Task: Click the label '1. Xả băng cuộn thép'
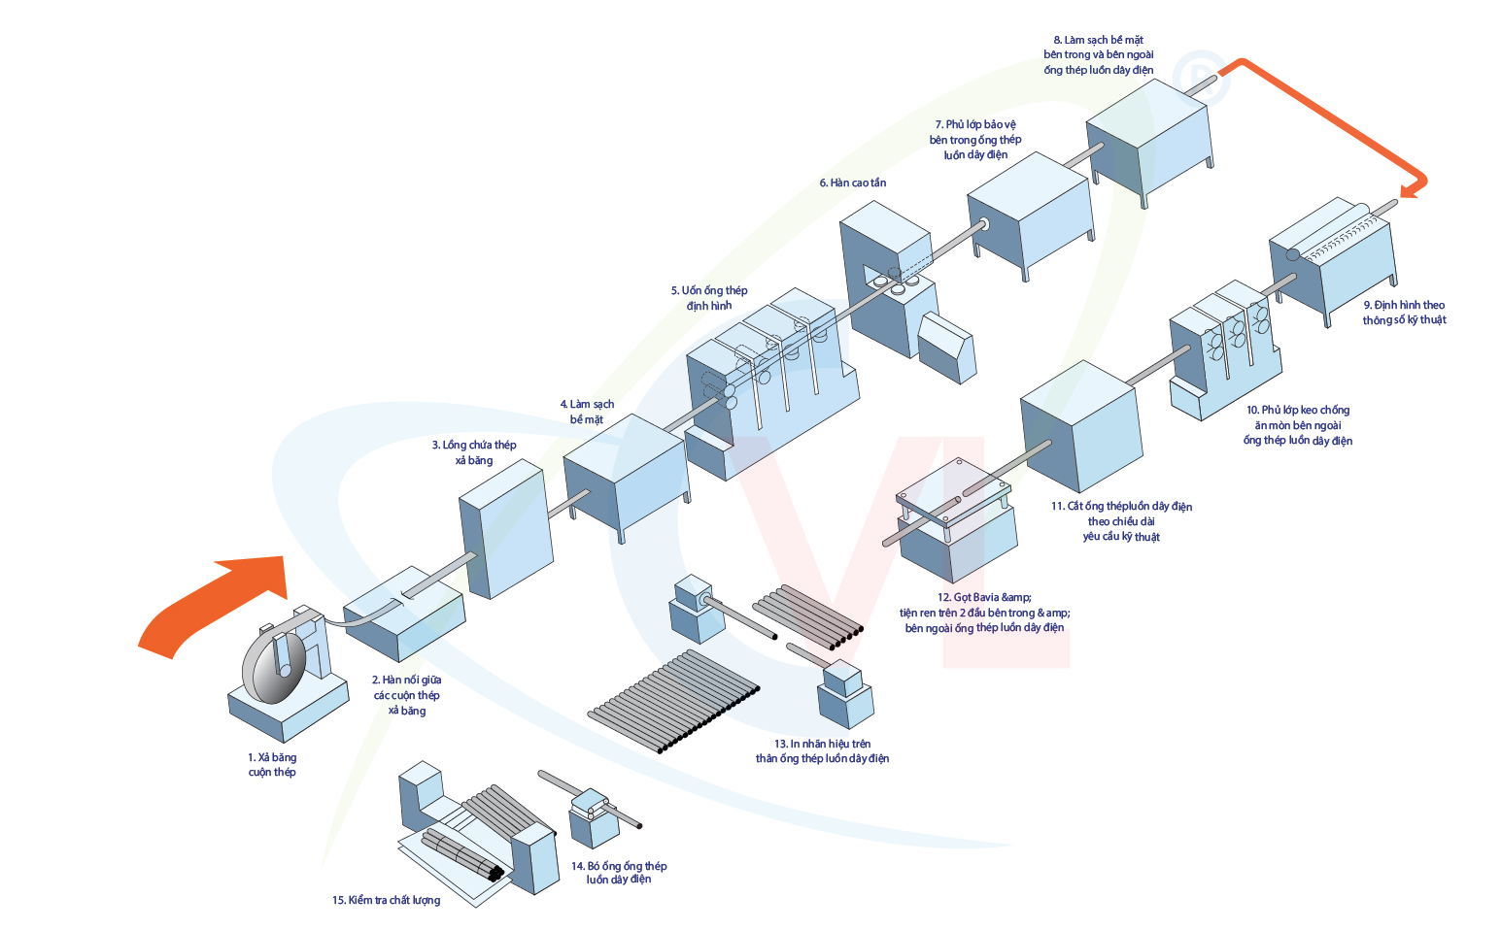[x=272, y=765]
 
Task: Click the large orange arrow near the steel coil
[x=219, y=602]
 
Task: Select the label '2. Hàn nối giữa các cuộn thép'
[x=407, y=695]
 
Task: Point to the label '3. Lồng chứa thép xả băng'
[x=474, y=452]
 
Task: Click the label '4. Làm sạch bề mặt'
[x=587, y=412]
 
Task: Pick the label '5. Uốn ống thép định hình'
[x=709, y=298]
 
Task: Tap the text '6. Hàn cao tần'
[x=852, y=183]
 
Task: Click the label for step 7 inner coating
[x=975, y=140]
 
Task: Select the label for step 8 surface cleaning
[x=1099, y=54]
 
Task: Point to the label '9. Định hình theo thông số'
[x=1404, y=313]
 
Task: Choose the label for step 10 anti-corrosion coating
[x=1298, y=425]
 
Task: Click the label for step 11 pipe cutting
[x=1121, y=521]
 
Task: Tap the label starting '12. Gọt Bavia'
[x=984, y=613]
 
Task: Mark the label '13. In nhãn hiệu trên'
[x=822, y=751]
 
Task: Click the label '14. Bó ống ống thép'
[x=619, y=873]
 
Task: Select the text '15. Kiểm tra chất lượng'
[x=386, y=901]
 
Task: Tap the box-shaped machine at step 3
[x=505, y=529]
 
